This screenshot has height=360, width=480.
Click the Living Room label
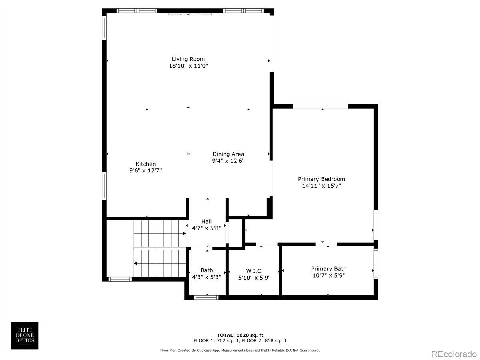pyautogui.click(x=188, y=59)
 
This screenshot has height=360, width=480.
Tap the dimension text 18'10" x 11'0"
pyautogui.click(x=188, y=66)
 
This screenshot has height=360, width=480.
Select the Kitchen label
pyautogui.click(x=146, y=164)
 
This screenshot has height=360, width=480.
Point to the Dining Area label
pyautogui.click(x=228, y=154)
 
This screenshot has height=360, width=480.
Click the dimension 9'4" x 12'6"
pyautogui.click(x=228, y=161)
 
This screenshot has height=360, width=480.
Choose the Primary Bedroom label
pyautogui.click(x=321, y=179)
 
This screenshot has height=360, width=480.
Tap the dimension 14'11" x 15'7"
pyautogui.click(x=321, y=186)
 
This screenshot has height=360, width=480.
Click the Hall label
pyautogui.click(x=206, y=222)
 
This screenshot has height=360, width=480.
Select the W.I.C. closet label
pyautogui.click(x=254, y=271)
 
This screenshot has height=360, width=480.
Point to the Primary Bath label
pyautogui.click(x=329, y=269)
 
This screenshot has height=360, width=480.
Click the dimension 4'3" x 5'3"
pyautogui.click(x=207, y=277)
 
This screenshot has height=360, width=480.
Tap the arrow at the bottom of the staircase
pyautogui.click(x=136, y=264)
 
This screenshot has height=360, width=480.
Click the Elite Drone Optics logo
pyautogui.click(x=25, y=335)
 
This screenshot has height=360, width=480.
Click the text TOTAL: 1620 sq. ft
pyautogui.click(x=240, y=335)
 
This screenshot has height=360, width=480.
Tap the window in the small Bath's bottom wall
pyautogui.click(x=206, y=297)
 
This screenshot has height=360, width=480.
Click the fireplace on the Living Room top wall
pyautogui.click(x=190, y=14)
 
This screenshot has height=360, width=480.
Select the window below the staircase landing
pyautogui.click(x=120, y=279)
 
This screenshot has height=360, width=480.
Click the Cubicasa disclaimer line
pyautogui.click(x=240, y=350)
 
